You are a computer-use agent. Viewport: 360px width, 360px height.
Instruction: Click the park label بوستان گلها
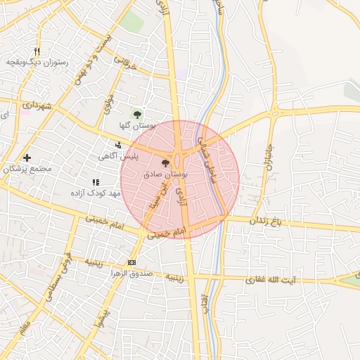pos(137,125)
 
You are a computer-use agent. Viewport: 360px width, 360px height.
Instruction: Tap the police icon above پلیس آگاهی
pos(117,145)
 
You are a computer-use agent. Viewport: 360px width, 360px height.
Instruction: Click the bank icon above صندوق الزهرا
pos(130,263)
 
